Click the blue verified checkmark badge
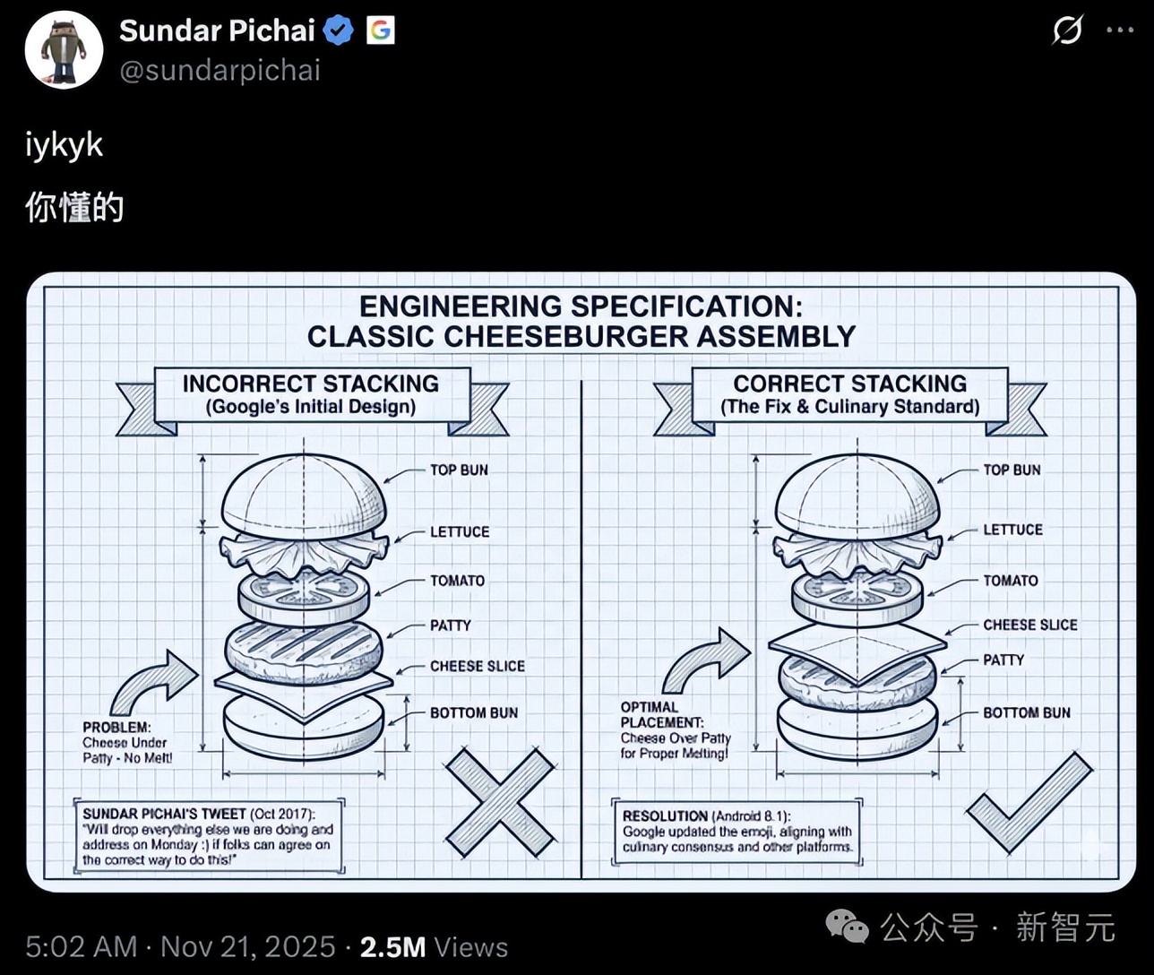tap(338, 30)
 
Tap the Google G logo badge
tap(380, 30)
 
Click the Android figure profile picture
tap(65, 50)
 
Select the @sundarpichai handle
tap(220, 71)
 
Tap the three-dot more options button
tap(1120, 30)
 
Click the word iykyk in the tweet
tap(65, 146)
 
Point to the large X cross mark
tap(500, 803)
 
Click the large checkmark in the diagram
tap(1029, 803)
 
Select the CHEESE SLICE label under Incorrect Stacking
tap(477, 666)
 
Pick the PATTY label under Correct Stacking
tap(1003, 660)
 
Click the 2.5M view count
tap(393, 947)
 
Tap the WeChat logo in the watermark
tap(847, 927)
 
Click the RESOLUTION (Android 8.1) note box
tap(736, 832)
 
